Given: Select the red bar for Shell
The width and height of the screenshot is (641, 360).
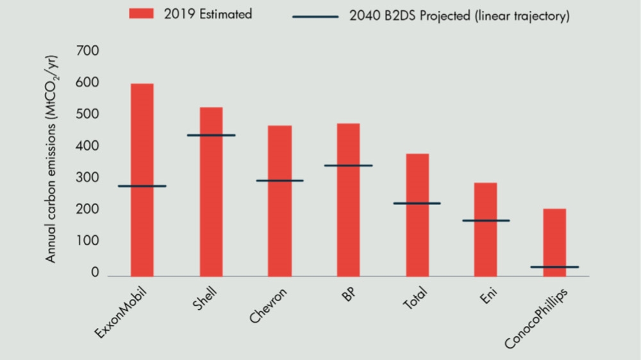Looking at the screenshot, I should coord(211,192).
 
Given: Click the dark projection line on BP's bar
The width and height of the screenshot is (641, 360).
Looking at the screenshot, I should coord(348,165).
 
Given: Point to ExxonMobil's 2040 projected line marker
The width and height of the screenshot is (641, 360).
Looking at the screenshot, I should coord(142,186).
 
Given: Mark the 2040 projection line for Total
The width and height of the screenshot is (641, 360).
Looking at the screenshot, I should coord(417,203).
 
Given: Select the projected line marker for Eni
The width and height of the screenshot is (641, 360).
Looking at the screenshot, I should coord(486,220).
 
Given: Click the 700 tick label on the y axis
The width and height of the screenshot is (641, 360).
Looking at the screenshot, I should coord(88,51).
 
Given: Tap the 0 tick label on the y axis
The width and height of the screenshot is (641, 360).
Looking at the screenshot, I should coord(96,272).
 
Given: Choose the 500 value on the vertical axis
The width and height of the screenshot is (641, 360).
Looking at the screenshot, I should coord(88,114).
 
